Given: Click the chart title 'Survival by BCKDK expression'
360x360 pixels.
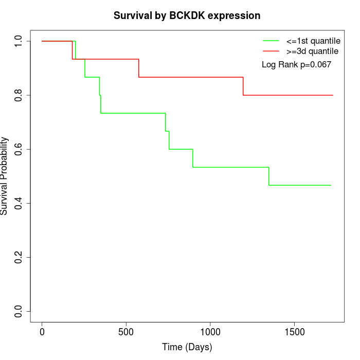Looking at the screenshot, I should (187, 15).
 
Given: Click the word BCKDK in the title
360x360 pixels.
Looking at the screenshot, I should (187, 15).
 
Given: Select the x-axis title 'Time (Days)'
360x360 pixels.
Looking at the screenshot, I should (187, 347).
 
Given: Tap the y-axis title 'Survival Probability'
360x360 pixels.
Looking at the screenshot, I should (5, 176).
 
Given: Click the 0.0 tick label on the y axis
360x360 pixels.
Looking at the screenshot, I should (19, 311).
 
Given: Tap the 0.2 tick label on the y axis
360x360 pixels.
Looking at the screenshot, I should (19, 257).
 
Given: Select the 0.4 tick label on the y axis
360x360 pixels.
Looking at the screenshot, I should (19, 203).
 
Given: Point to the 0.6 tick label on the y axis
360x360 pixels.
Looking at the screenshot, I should (19, 149).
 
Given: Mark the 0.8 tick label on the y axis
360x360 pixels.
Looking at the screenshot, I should (19, 95).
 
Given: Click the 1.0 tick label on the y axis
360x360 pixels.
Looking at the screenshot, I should (19, 41).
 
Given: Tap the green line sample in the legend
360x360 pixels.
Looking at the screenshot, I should (271, 41).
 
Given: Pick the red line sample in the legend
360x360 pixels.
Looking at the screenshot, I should (271, 51).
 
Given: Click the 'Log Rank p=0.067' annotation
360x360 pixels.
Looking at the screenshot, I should (296, 64).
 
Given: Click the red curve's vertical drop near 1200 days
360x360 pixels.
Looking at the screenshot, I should (243, 86).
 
